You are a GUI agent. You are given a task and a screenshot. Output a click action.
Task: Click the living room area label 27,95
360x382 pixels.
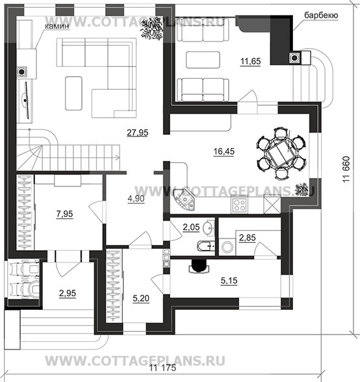click(138, 133)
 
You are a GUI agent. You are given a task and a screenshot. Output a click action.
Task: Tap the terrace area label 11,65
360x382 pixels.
click(251, 61)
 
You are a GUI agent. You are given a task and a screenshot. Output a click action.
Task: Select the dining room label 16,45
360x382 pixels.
click(224, 151)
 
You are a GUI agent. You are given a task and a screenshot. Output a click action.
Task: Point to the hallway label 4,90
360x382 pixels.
click(136, 199)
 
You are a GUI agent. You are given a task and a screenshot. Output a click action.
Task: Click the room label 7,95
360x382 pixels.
click(64, 214)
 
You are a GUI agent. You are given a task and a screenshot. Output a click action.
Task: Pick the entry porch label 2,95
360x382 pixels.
click(68, 294)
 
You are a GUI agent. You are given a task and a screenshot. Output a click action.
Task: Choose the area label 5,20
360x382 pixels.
click(141, 298)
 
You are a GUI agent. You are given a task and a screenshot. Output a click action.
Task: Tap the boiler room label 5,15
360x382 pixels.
click(229, 281)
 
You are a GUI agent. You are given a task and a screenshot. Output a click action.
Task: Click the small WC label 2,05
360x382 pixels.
click(191, 227)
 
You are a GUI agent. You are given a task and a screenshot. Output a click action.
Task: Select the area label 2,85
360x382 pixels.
click(248, 238)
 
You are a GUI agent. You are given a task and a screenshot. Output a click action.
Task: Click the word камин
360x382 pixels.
click(57, 26)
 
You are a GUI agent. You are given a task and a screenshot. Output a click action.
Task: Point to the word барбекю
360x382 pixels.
click(321, 16)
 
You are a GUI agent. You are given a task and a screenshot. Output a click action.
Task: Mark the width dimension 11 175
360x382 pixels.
click(162, 368)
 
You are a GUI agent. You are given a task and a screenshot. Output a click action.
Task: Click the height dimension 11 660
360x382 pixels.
click(346, 169)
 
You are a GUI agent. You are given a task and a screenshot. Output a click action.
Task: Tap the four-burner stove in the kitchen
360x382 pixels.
click(240, 205)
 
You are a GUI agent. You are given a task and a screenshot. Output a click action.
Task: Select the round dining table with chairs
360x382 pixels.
click(281, 153)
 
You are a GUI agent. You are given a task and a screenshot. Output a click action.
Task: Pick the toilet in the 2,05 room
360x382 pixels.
click(205, 246)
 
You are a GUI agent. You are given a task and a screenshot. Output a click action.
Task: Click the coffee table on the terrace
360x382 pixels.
click(203, 60)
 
